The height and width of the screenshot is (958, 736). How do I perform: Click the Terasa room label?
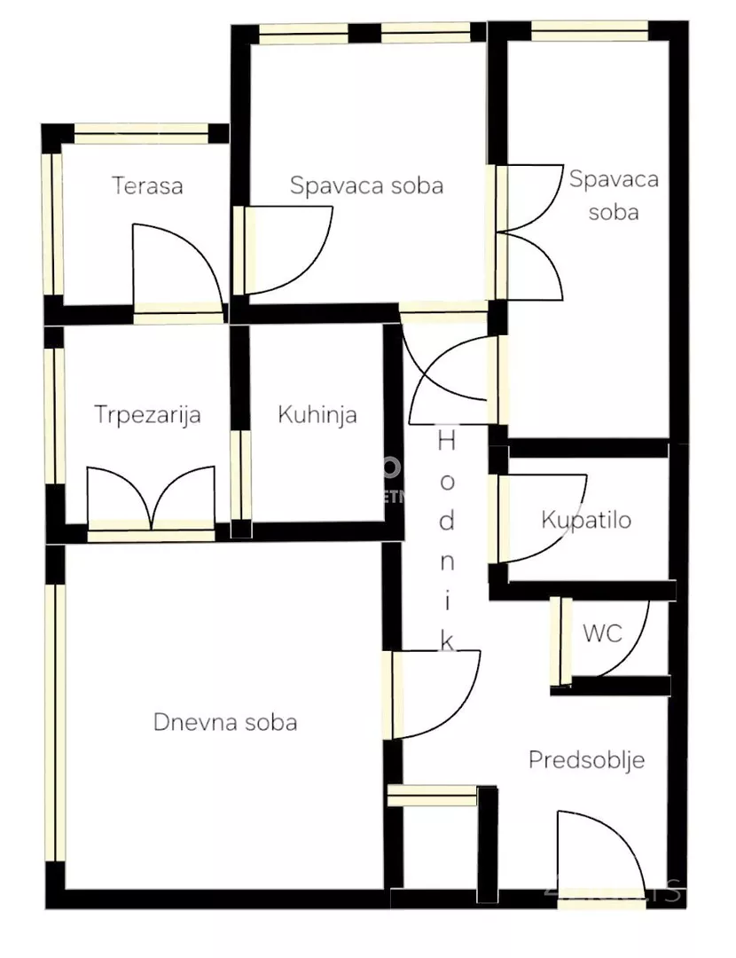147,186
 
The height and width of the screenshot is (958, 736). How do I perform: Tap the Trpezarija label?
148,414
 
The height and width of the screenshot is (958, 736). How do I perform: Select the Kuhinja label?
317,414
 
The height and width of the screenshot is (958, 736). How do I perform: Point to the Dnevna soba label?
225,722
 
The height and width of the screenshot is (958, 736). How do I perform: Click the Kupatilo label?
586,519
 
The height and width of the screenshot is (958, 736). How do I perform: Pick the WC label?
602,633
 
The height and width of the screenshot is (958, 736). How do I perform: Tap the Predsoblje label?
586,760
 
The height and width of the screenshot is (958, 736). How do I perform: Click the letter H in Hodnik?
447,439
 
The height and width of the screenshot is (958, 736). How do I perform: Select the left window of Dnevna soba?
56,722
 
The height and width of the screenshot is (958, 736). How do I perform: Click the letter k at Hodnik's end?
447,640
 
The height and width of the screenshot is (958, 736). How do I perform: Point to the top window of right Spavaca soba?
589,31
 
